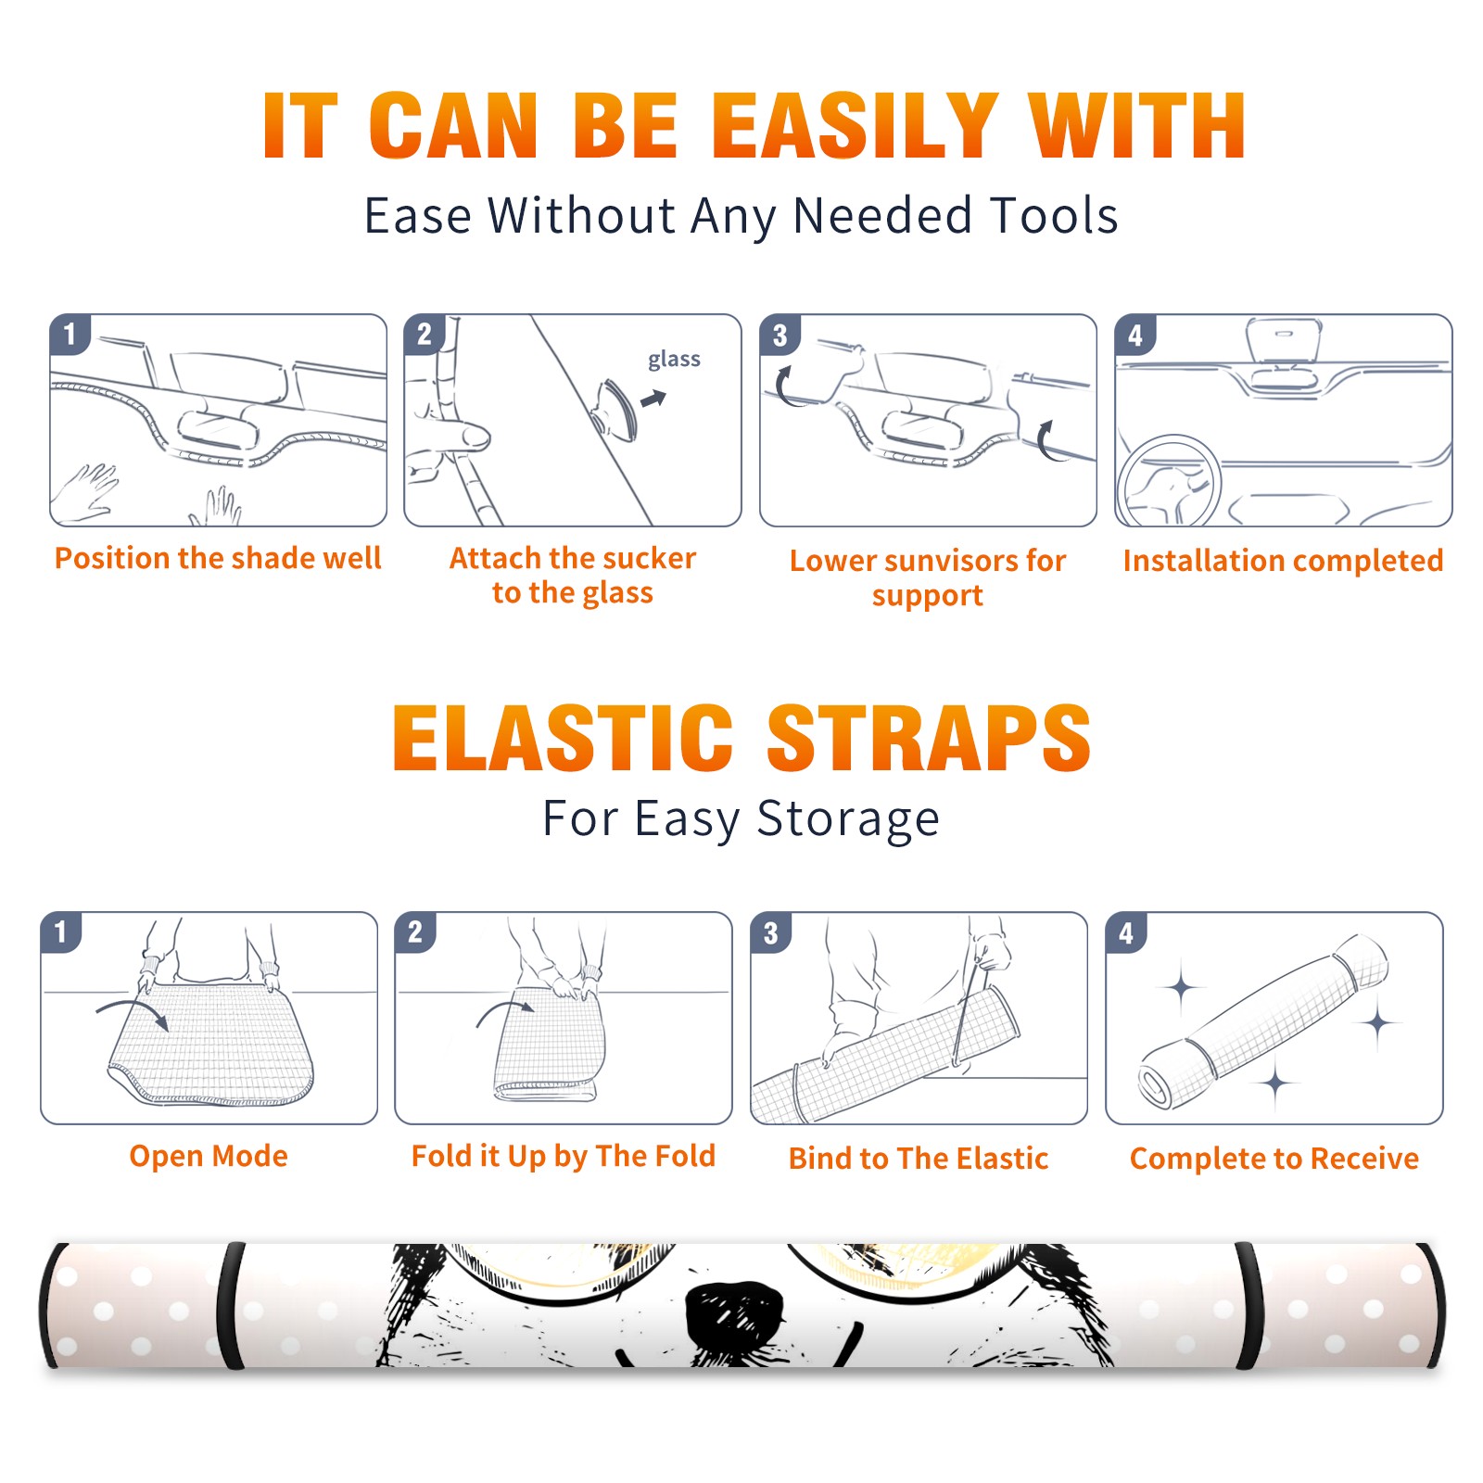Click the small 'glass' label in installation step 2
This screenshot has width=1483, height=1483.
[674, 360]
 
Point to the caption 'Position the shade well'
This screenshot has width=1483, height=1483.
[218, 558]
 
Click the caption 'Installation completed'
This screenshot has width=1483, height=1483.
[1283, 561]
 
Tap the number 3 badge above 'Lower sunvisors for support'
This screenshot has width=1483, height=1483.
[780, 335]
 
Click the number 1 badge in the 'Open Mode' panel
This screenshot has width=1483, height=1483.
[61, 932]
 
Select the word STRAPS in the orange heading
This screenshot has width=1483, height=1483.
[929, 738]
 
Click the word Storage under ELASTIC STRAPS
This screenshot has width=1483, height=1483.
[848, 819]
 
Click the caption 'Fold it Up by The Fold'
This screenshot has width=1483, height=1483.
[564, 1157]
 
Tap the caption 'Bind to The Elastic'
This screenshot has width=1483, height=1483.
[919, 1159]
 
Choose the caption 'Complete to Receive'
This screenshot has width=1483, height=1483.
[1274, 1159]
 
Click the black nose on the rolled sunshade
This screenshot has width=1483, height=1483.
[735, 1314]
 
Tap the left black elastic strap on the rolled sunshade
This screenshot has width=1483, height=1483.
[230, 1305]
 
